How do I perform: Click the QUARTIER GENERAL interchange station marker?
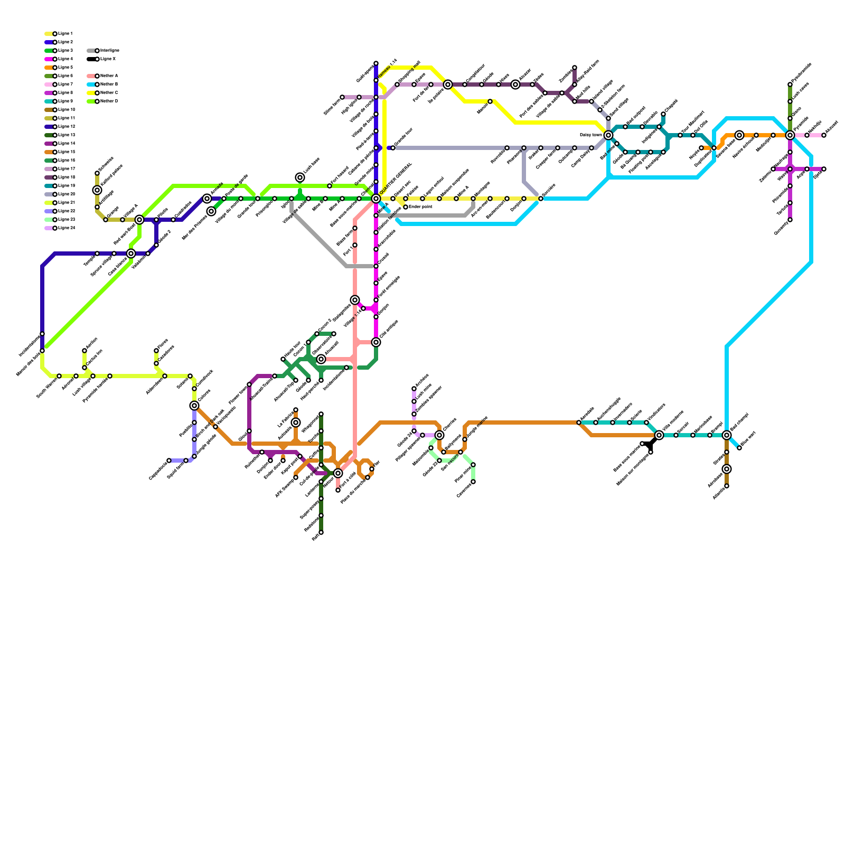(x=376, y=199)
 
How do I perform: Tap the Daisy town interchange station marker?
(x=608, y=135)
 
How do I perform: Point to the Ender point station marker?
(x=406, y=207)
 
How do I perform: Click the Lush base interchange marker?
(x=300, y=177)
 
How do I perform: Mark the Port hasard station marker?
(x=330, y=186)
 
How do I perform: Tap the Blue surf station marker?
(x=739, y=448)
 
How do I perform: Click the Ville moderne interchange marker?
(x=659, y=435)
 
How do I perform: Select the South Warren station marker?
(x=59, y=376)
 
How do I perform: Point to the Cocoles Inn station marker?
(x=84, y=368)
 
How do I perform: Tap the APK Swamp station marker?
(x=296, y=477)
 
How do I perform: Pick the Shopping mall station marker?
(x=397, y=84)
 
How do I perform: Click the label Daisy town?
(x=590, y=135)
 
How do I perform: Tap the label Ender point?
(x=421, y=207)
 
